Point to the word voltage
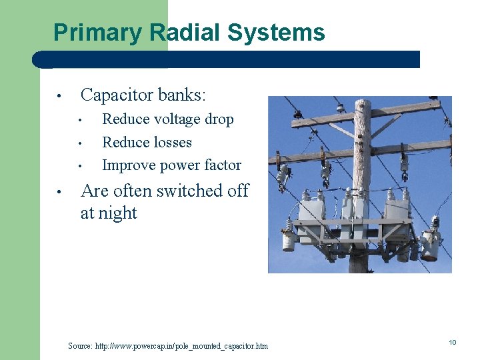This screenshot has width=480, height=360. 172,120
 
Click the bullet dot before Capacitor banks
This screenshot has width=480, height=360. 59,97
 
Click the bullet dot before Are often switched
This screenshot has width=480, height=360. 59,192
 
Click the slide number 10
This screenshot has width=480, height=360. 452,343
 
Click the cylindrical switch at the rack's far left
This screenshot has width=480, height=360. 289,239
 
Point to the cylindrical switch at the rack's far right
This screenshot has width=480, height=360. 429,247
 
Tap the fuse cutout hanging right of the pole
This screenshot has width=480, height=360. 404,163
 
